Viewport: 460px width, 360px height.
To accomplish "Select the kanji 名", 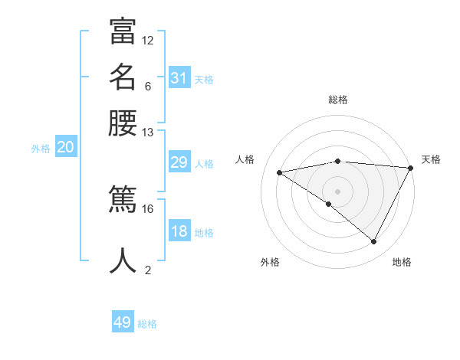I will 123,77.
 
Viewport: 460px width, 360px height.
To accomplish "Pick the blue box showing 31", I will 179,78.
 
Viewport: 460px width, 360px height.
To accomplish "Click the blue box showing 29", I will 179,162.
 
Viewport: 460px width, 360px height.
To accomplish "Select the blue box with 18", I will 179,231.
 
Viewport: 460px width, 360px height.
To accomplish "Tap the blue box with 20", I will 65,148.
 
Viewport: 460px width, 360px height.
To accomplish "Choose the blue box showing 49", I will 123,322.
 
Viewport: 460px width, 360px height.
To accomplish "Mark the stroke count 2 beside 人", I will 148,270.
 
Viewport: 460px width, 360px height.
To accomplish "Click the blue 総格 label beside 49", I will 147,324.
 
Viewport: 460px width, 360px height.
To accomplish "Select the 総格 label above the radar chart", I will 337,100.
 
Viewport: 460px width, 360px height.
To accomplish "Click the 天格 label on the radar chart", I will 431,159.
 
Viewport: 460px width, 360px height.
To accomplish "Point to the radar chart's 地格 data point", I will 374,242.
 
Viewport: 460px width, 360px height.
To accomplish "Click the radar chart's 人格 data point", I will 280,172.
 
